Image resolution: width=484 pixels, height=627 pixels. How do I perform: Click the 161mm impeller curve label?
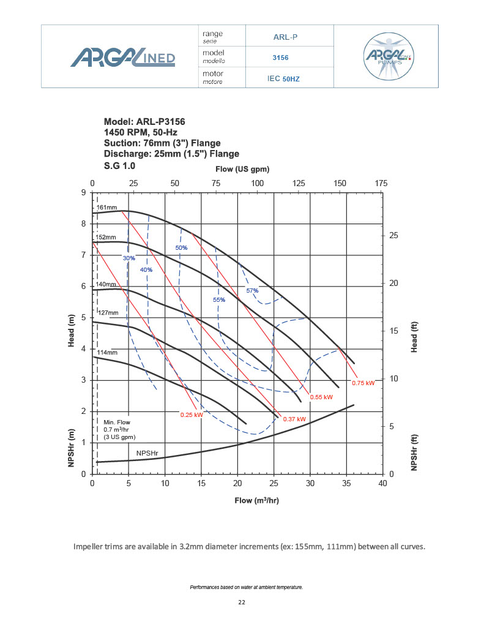point(107,208)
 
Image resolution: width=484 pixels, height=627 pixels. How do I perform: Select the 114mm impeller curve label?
point(107,353)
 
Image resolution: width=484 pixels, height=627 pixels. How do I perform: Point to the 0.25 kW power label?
point(191,415)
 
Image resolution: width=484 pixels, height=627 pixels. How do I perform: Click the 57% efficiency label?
point(252,290)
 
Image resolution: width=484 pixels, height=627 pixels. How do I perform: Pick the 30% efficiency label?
point(128,258)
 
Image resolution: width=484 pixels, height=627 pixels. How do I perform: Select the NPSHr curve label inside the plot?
point(147,453)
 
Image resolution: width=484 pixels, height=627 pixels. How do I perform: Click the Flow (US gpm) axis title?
point(243,168)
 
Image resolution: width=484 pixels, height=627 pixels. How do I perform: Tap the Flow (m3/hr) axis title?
point(257,500)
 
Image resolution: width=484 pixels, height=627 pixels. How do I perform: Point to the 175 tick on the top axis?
point(381,183)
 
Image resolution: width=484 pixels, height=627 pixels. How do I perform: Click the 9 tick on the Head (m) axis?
point(84,193)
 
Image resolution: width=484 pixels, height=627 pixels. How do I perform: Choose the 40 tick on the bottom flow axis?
point(382,484)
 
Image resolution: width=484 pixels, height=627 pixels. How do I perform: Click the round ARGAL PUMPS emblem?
point(387,56)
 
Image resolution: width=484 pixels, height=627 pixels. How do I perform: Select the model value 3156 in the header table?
point(280,58)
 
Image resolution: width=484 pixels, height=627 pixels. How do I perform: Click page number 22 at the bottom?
point(241,603)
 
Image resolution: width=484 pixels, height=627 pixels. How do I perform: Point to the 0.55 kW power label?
point(321,397)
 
